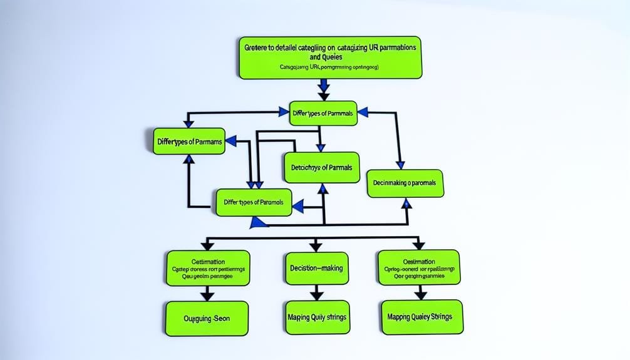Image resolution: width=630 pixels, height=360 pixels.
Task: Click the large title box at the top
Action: point(329,57)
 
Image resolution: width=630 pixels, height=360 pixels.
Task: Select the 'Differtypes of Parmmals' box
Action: point(323,113)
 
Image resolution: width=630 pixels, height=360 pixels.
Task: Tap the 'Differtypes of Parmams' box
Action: point(188,142)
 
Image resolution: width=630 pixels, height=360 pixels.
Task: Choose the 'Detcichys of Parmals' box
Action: point(322,168)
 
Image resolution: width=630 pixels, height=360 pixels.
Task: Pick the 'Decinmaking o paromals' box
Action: point(405,183)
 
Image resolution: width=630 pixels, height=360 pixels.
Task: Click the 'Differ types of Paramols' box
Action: point(254,203)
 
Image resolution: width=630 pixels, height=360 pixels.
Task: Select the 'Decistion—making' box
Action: point(316,267)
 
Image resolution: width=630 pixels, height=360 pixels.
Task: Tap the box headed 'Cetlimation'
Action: point(208,268)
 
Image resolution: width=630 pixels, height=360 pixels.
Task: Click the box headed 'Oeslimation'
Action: point(419,267)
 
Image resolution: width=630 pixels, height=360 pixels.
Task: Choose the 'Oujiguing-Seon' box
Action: point(207,318)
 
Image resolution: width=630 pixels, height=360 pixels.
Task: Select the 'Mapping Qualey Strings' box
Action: point(420,316)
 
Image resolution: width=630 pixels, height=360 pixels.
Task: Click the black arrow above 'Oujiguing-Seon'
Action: point(207,294)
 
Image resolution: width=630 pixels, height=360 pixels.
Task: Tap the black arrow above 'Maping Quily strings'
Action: point(316,292)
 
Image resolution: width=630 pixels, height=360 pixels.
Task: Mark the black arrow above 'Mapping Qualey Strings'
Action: point(420,292)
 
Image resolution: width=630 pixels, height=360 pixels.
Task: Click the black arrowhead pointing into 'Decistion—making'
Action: point(316,245)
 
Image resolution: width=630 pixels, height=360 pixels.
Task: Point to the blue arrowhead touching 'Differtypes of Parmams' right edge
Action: point(231,142)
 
